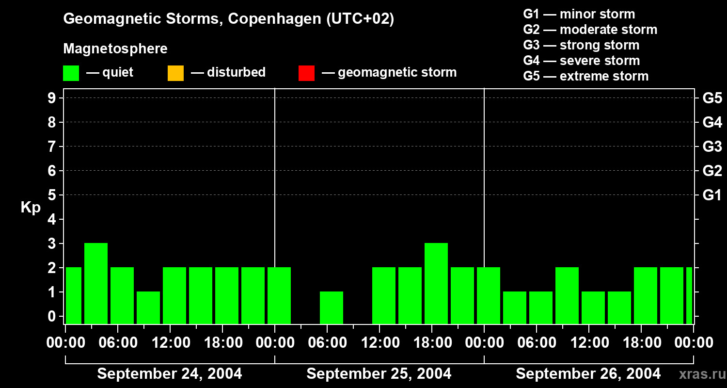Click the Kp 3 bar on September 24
[x=96, y=283]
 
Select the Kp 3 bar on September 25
[x=436, y=283]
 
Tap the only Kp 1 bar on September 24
[x=148, y=307]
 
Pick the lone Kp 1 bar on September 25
[x=332, y=307]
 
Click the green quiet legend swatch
[x=71, y=73]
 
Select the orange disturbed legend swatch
[x=175, y=73]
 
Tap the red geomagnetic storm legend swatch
[x=307, y=73]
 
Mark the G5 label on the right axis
[x=712, y=98]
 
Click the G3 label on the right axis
[x=712, y=146]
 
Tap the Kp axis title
[x=31, y=208]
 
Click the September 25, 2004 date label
[x=379, y=374]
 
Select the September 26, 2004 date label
[x=588, y=374]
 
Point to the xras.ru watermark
[x=698, y=374]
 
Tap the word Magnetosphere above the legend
[x=115, y=49]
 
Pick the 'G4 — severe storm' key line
[x=582, y=61]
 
